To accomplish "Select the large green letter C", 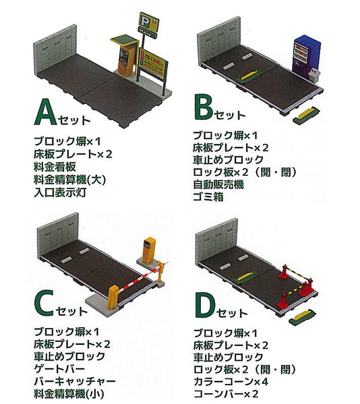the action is [44, 303].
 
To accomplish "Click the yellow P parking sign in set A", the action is [148, 22].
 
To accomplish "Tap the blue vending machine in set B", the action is [307, 55].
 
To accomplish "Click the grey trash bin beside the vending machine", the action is [315, 75].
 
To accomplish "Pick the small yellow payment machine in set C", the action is [149, 250].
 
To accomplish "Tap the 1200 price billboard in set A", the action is [153, 62].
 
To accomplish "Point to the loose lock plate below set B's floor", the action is [306, 114].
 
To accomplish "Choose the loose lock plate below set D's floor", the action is [302, 317].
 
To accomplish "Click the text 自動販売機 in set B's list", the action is [218, 184].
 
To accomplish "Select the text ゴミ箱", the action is [208, 197].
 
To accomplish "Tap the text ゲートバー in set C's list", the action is [59, 369].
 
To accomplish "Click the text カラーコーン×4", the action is [231, 381].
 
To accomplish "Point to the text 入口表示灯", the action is [60, 193].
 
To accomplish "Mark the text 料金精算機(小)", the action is [69, 394].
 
